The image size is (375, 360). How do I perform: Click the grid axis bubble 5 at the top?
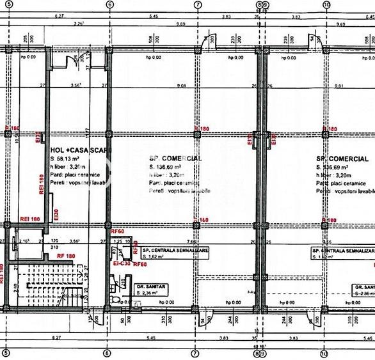tap(6, 3)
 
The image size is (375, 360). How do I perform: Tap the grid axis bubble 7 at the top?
tap(196, 3)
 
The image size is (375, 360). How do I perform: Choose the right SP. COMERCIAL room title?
tap(342, 158)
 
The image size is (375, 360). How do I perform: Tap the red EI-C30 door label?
tap(121, 263)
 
